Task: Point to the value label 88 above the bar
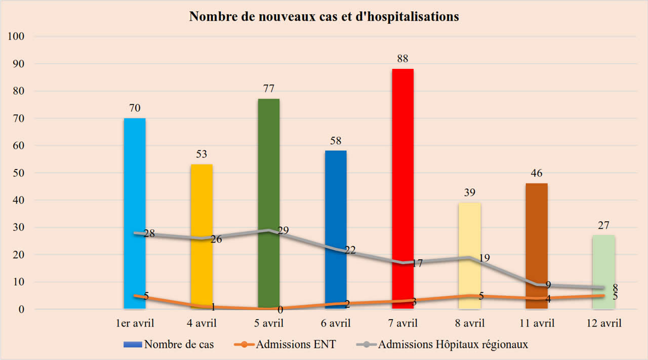tap(403, 58)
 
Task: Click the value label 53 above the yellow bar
tap(202, 154)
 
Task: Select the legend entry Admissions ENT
tap(296, 345)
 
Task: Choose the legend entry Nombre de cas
tap(179, 345)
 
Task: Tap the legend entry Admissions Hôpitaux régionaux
tap(453, 345)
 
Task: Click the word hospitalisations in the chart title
tap(402, 17)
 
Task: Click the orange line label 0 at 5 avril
tap(280, 310)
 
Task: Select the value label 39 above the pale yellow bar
tap(470, 192)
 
